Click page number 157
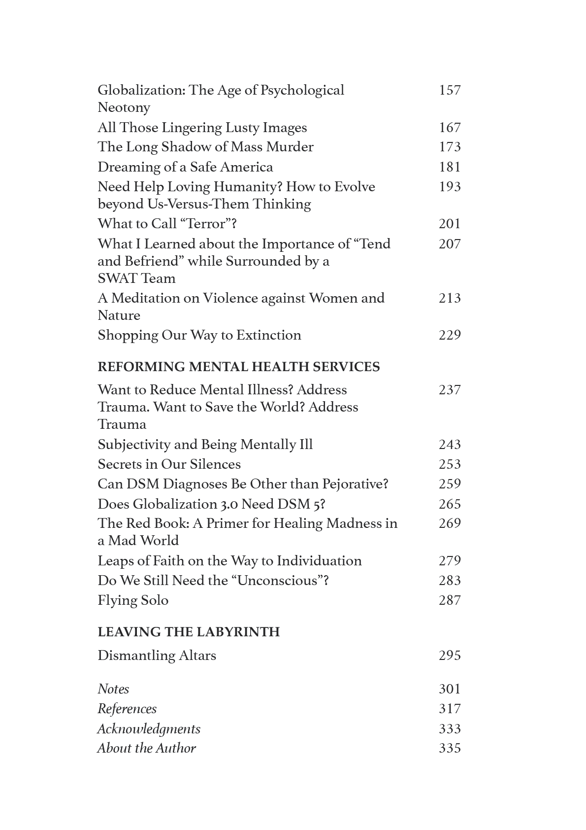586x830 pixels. point(449,90)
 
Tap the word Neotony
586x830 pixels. point(124,107)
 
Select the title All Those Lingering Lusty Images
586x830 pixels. point(202,128)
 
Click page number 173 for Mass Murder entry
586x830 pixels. point(449,147)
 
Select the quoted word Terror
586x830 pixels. point(205,224)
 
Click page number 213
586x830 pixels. point(449,298)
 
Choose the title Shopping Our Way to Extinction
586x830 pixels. point(199,335)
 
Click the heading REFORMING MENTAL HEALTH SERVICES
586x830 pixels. point(238,367)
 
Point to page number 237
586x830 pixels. point(449,390)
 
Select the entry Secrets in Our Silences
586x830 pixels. point(169,464)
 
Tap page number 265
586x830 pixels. point(449,504)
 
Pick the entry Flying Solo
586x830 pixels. point(132,600)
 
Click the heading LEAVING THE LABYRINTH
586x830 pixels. point(188,632)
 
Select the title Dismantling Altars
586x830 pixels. point(157,656)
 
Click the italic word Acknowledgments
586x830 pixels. point(149,729)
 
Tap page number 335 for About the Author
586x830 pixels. point(449,748)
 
